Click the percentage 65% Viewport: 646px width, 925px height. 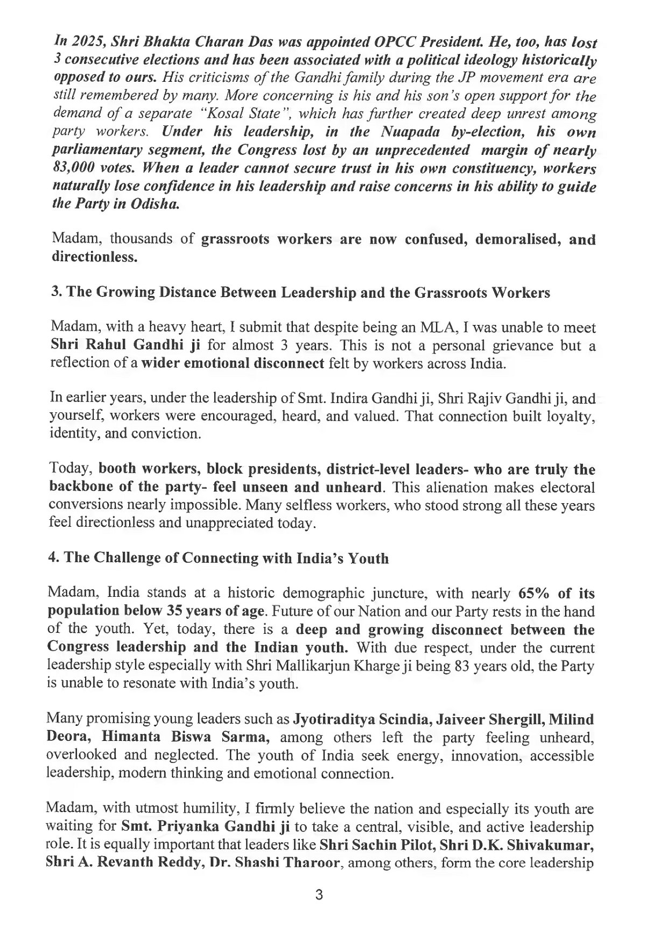(535, 594)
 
